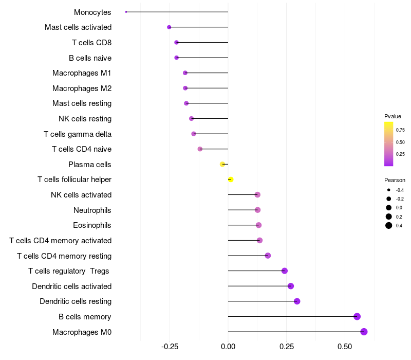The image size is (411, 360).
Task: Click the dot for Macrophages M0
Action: click(364, 332)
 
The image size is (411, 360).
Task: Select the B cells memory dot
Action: click(357, 317)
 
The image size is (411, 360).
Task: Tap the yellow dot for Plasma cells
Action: click(222, 165)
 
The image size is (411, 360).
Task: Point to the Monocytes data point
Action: click(126, 12)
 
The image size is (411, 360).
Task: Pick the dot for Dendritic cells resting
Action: click(297, 301)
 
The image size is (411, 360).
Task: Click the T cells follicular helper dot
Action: click(231, 179)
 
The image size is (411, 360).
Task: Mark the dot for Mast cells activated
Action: click(169, 27)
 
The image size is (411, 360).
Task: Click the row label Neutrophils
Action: click(92, 210)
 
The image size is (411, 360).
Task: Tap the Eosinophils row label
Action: click(92, 225)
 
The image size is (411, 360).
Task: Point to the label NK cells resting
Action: click(85, 119)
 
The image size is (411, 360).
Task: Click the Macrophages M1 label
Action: click(82, 73)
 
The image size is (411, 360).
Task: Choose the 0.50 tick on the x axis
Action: click(345, 347)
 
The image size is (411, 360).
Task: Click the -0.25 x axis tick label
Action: click(170, 347)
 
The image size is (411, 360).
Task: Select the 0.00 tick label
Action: click(228, 347)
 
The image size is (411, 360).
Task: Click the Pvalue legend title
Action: click(393, 116)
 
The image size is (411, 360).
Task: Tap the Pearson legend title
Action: click(395, 180)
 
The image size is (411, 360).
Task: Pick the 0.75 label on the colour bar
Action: click(400, 130)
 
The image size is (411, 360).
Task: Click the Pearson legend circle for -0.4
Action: click(389, 190)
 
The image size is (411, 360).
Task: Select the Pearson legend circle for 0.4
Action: click(389, 225)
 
